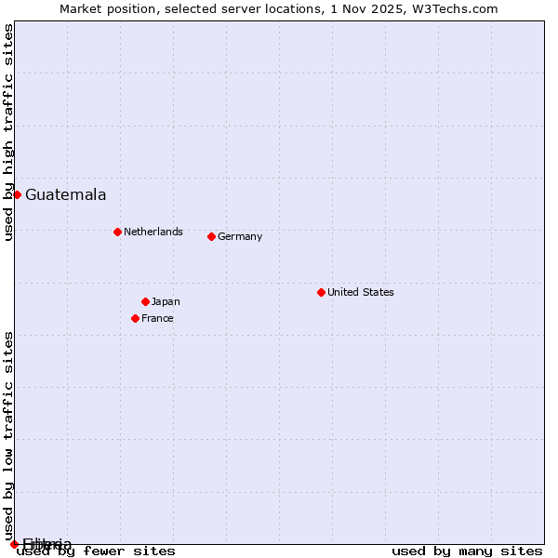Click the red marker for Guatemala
[x=17, y=194]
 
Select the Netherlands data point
[x=117, y=232]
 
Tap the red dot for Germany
[x=211, y=236]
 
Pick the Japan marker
[x=145, y=301]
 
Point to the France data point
[x=135, y=318]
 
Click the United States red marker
[x=321, y=292]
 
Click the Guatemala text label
[x=65, y=195]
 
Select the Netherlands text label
[x=153, y=232]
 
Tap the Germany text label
[x=240, y=236]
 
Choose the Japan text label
[x=166, y=301]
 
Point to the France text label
[x=157, y=318]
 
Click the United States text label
[x=361, y=292]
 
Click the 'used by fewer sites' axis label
[x=97, y=551]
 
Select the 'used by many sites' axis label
[x=467, y=551]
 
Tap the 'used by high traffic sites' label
[x=9, y=132]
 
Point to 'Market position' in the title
[x=101, y=8]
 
